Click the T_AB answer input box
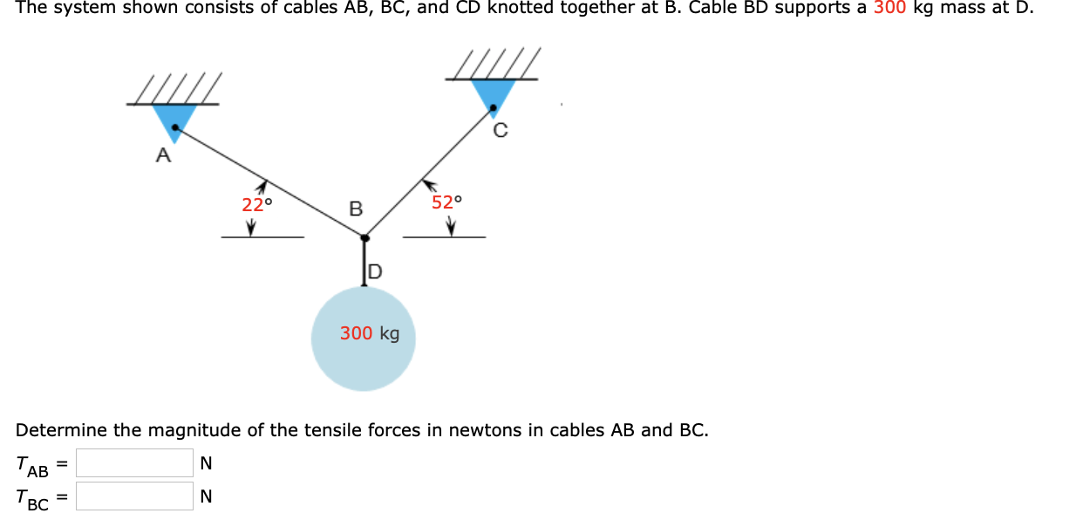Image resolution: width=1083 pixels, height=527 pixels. point(134,462)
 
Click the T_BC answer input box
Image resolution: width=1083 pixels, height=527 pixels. point(134,496)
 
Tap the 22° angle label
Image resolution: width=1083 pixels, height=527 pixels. point(256,205)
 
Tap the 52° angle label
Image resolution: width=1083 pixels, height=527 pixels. point(446,202)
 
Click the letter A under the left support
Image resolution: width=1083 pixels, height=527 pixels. point(161,157)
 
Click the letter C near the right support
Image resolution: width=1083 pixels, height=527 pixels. point(500,132)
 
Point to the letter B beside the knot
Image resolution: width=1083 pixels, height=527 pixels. point(355,209)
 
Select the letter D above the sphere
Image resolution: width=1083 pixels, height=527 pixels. point(374,272)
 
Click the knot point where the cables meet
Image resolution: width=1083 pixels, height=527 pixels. point(365,236)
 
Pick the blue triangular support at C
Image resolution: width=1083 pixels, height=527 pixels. point(494,94)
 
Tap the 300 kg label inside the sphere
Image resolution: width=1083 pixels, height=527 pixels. point(370,333)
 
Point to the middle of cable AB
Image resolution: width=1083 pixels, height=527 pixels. point(270,184)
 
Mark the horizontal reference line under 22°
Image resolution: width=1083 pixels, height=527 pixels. point(262,237)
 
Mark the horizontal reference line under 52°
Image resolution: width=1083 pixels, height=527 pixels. point(444,237)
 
